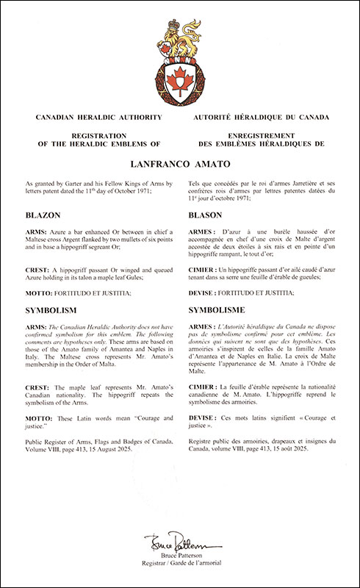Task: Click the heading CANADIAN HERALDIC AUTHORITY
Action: (x=90, y=118)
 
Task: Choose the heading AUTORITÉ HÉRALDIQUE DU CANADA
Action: (x=261, y=118)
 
